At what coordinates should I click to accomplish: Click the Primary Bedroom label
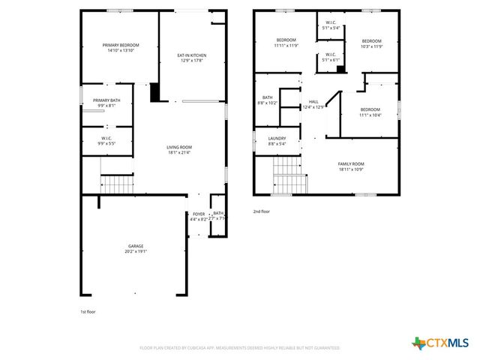pyautogui.click(x=121, y=45)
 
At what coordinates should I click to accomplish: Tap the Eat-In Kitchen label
pyautogui.click(x=191, y=55)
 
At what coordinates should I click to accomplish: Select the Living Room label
pyautogui.click(x=179, y=147)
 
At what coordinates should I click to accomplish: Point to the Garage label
pyautogui.click(x=135, y=246)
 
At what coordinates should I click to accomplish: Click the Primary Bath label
pyautogui.click(x=106, y=100)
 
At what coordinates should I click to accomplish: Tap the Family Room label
pyautogui.click(x=350, y=163)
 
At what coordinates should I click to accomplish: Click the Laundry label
pyautogui.click(x=277, y=138)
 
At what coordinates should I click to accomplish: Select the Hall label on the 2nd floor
pyautogui.click(x=313, y=101)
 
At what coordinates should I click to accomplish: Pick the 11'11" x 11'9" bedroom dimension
pyautogui.click(x=286, y=46)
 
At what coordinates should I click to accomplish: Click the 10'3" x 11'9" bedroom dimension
pyautogui.click(x=372, y=46)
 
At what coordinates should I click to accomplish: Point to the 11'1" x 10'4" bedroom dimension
pyautogui.click(x=370, y=115)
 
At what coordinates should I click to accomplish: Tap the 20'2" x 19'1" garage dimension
pyautogui.click(x=135, y=251)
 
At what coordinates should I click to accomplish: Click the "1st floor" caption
pyautogui.click(x=88, y=311)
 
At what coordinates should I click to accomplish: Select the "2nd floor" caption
pyautogui.click(x=261, y=211)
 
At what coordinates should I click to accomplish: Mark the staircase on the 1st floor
pyautogui.click(x=117, y=183)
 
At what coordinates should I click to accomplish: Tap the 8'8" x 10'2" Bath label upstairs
pyautogui.click(x=267, y=99)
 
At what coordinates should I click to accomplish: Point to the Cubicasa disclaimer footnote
pyautogui.click(x=239, y=348)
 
